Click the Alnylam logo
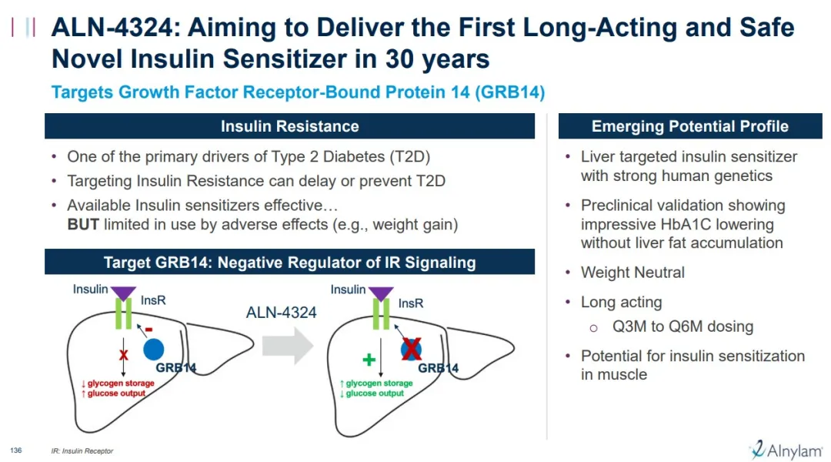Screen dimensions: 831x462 coord(786,450)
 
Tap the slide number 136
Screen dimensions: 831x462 coord(16,450)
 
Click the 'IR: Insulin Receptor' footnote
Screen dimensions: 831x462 coord(82,451)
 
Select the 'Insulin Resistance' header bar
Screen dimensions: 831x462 coord(289,126)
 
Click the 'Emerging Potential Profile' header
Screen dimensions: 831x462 coord(690,126)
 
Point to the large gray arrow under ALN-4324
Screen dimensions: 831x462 coord(288,345)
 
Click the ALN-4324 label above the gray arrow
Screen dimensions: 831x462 coord(281,313)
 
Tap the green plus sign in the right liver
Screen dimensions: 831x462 coord(369,360)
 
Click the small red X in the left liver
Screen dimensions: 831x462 coord(123,355)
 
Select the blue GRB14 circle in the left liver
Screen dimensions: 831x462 coord(154,350)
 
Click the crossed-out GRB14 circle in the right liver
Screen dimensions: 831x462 coord(411,349)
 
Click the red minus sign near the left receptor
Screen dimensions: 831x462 coord(149,330)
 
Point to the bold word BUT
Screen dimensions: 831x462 coord(83,224)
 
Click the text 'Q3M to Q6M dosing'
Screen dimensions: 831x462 coord(682,326)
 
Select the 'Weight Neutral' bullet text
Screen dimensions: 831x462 coord(632,272)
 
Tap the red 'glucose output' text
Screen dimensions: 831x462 coord(113,393)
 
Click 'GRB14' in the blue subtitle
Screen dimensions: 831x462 coord(509,92)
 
